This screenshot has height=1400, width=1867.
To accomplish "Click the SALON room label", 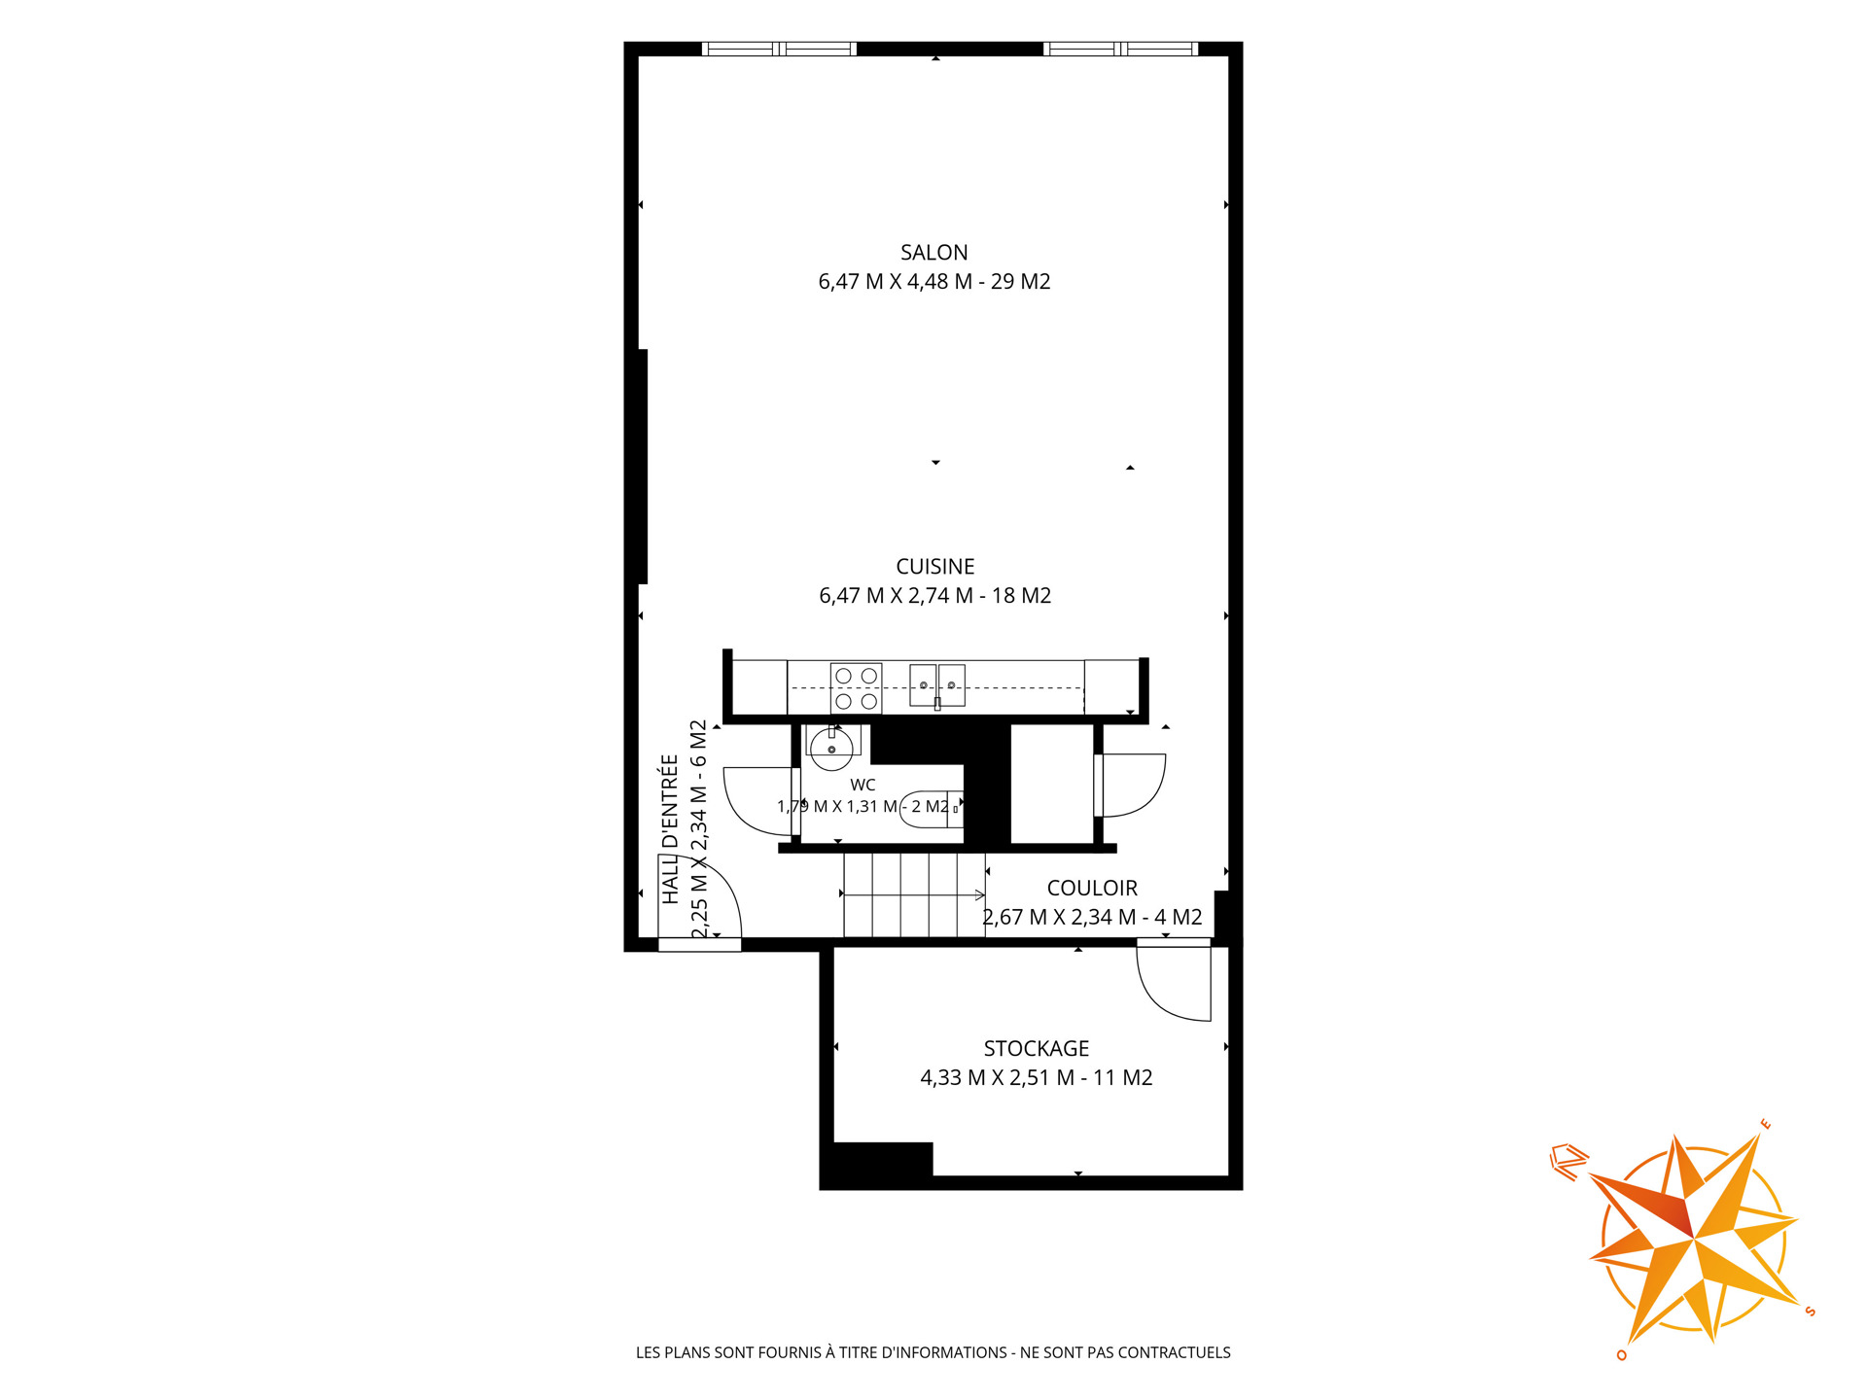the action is [x=933, y=253].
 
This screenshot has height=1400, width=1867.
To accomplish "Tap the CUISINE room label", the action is [x=934, y=567].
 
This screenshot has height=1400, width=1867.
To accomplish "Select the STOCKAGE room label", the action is [x=1036, y=1049].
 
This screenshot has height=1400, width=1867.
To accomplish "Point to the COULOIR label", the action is [x=1092, y=889].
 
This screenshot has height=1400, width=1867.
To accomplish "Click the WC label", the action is [x=863, y=785].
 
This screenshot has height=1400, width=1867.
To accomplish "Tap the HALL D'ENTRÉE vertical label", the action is [x=670, y=829].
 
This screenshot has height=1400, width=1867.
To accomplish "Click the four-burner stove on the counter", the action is [x=856, y=688].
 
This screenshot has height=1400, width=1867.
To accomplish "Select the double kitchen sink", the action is [x=937, y=685].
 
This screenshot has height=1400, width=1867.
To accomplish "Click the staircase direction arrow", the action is [x=914, y=894].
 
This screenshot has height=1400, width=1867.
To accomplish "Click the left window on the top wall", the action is [x=779, y=49].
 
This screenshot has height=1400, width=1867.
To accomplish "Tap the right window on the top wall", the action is [x=1120, y=49].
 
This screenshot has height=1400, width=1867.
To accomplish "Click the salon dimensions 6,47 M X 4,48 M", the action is [x=896, y=282].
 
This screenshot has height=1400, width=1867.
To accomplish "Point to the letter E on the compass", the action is [x=1766, y=1125].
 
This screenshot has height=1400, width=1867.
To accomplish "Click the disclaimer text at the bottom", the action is [x=933, y=1352].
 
